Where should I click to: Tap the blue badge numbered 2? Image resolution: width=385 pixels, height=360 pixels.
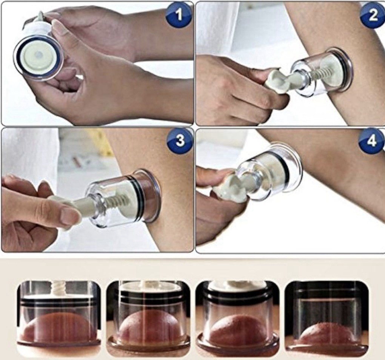click(x=373, y=15)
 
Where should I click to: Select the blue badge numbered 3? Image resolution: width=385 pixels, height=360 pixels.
click(x=180, y=141)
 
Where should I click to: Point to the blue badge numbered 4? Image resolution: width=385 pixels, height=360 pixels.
click(x=372, y=141)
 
